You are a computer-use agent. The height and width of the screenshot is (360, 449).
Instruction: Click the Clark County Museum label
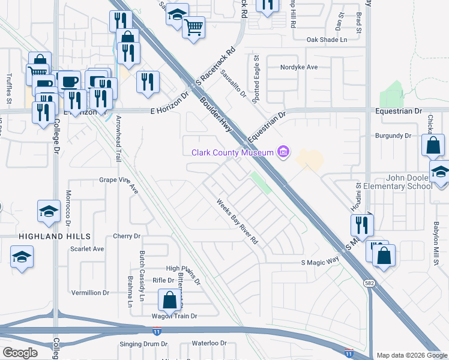232,152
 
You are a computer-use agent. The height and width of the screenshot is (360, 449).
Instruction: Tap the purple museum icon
283,152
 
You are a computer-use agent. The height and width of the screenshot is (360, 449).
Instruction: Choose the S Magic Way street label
320,262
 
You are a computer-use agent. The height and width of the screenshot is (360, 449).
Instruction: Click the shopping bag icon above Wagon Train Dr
170,299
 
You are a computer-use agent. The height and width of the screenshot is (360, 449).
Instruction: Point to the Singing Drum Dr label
143,344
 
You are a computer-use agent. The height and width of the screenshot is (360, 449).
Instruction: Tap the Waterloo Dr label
208,344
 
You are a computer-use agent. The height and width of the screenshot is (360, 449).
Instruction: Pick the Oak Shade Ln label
327,40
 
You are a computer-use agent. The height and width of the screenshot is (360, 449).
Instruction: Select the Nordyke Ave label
299,67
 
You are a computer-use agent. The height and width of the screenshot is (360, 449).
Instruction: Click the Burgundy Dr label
393,136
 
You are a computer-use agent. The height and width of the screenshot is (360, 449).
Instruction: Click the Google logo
20,353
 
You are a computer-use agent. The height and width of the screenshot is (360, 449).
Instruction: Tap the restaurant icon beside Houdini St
362,225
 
